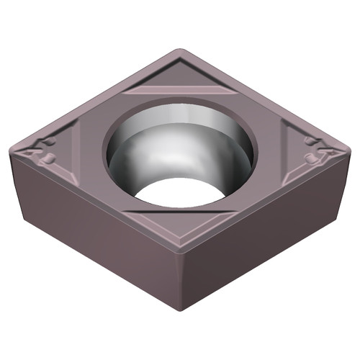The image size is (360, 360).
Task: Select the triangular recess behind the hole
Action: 180,81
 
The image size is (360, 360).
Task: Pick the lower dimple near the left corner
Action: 48,157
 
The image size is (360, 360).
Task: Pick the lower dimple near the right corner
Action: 312,156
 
